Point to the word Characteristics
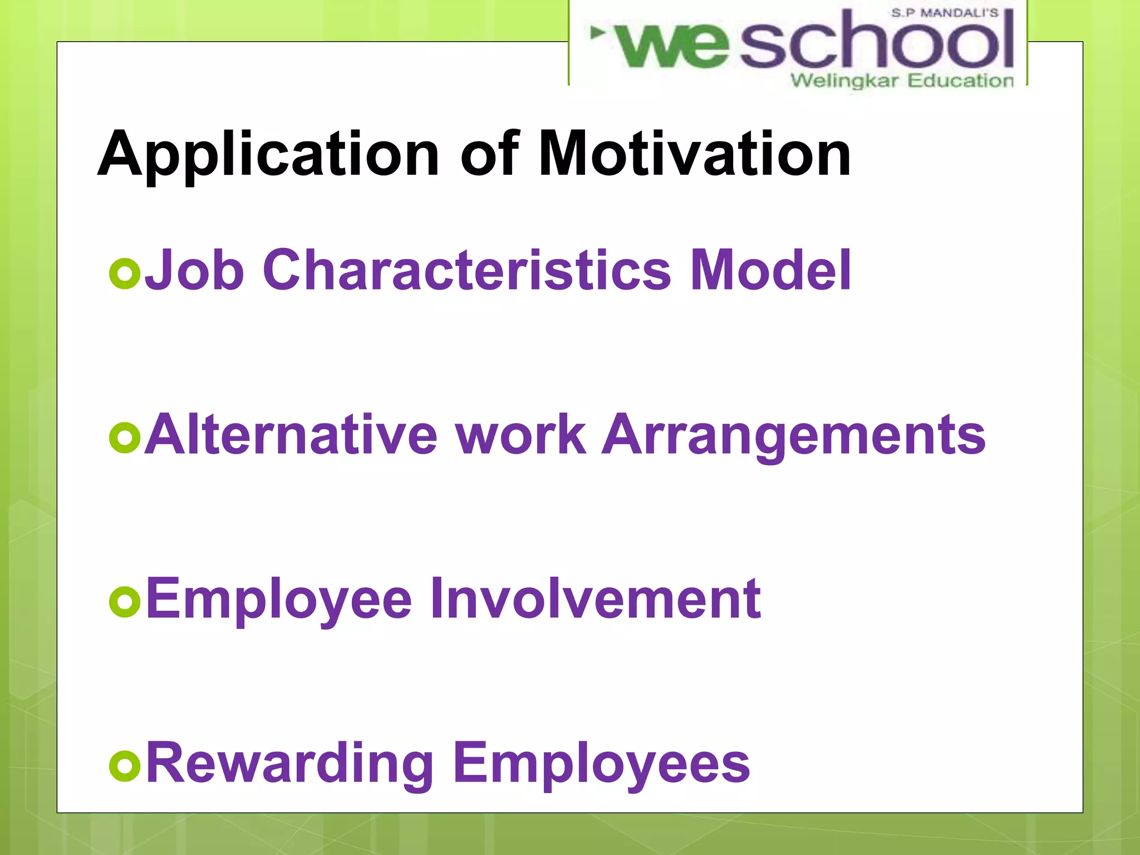pos(467,271)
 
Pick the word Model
pos(770,271)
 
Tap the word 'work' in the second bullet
pos(520,435)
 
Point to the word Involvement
pos(595,599)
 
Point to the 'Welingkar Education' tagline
pos(902,81)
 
